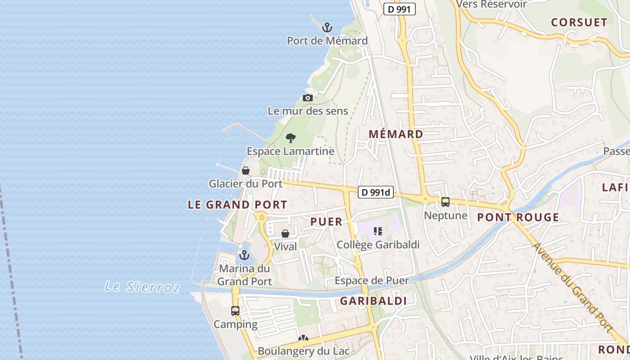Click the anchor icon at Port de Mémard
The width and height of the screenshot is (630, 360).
(x=327, y=27)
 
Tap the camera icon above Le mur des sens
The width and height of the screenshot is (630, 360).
(x=308, y=98)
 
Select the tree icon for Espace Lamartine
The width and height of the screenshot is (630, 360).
(x=291, y=138)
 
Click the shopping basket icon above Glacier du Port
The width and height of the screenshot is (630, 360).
(x=246, y=171)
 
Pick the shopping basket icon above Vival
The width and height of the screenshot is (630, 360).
(x=285, y=234)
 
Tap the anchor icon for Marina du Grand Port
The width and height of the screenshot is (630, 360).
(x=244, y=256)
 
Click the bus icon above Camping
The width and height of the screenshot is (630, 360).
(x=235, y=311)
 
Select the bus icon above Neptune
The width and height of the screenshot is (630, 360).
(x=445, y=202)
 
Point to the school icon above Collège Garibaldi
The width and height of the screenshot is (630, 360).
(x=378, y=231)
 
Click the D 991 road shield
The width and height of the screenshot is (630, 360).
(x=399, y=9)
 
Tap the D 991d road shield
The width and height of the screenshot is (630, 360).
(x=376, y=193)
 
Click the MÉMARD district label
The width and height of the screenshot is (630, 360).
(x=396, y=134)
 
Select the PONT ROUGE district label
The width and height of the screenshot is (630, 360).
(x=518, y=218)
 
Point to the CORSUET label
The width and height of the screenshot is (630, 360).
(x=579, y=22)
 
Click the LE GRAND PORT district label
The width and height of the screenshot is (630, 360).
(x=237, y=205)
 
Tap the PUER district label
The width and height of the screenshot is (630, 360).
(x=326, y=221)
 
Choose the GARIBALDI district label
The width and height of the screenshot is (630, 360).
(x=373, y=301)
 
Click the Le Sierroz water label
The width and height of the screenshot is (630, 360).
(x=142, y=287)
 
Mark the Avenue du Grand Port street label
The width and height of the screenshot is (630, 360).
(x=573, y=288)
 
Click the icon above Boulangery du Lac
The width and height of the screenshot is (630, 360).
(x=303, y=339)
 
